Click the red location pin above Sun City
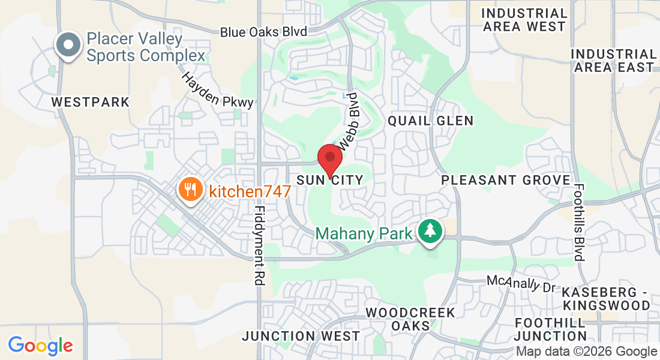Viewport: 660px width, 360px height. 329,158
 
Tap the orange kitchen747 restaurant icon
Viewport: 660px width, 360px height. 190,190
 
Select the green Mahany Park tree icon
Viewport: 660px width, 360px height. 429,231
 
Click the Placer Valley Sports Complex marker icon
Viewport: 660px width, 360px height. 68,45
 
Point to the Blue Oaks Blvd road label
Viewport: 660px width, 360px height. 263,32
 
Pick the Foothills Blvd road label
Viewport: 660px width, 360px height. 579,223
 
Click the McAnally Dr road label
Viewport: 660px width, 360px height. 521,284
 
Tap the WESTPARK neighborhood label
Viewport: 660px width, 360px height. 90,102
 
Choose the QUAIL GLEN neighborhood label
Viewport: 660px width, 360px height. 431,121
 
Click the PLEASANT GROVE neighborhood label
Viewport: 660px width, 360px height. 506,180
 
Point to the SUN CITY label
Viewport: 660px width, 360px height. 330,180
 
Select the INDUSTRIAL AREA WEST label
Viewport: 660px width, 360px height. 524,20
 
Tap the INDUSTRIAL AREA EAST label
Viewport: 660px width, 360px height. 613,61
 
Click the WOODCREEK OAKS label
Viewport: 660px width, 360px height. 410,319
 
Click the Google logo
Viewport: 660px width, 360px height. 40,346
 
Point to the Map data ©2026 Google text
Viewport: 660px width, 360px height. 586,352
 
